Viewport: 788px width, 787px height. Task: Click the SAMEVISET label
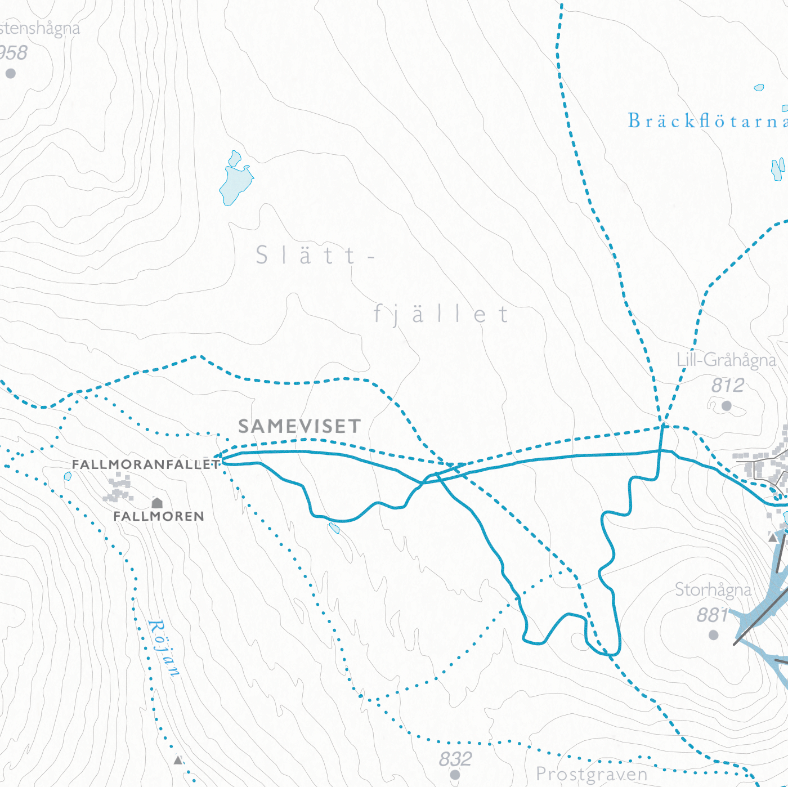[299, 426]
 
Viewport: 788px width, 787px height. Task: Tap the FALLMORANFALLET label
[146, 464]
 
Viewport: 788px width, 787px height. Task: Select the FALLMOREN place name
[159, 516]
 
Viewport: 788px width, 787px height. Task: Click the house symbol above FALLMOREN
[157, 502]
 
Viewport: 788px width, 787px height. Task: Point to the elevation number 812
[727, 385]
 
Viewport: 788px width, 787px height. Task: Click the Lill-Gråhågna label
[726, 360]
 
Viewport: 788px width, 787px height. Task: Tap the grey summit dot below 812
[727, 405]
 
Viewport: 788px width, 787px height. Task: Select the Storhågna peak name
[713, 589]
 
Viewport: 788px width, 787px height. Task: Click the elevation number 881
[713, 615]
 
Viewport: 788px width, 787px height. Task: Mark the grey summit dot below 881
[714, 635]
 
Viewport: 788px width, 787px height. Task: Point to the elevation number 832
[455, 759]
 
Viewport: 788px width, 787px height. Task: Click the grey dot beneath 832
[455, 775]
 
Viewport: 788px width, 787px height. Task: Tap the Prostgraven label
[592, 774]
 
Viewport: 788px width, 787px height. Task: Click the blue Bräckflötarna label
[707, 120]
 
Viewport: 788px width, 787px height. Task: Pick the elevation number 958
[12, 52]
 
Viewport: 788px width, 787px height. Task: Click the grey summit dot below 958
[10, 73]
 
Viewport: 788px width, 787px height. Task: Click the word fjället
[441, 314]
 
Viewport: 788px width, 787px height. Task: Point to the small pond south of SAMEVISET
[334, 528]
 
